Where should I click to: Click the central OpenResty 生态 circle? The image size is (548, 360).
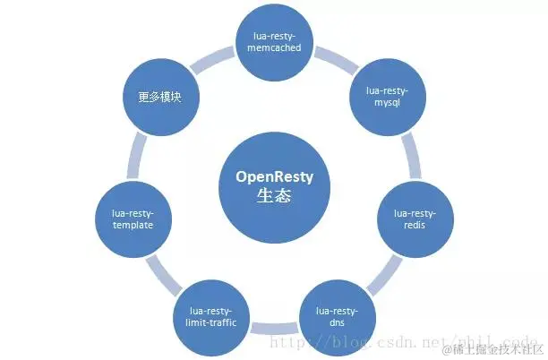tap(275, 186)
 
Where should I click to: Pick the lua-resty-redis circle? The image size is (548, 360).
tap(415, 219)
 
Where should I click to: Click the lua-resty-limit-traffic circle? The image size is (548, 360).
tap(212, 314)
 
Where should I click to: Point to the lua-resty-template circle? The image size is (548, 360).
tap(133, 219)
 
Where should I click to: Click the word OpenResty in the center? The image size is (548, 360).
tap(275, 176)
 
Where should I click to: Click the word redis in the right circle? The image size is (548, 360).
tap(415, 226)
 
